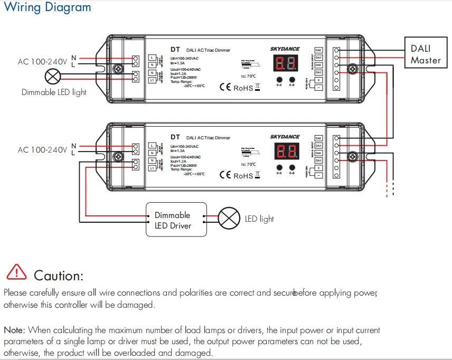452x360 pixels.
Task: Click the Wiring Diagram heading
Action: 47,8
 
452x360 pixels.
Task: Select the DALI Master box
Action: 426,54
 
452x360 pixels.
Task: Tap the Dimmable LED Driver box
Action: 176,221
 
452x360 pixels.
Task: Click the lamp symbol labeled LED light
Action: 229,219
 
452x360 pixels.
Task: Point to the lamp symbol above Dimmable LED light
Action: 52,77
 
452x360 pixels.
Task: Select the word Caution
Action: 58,276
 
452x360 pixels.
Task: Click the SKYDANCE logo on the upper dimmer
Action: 285,49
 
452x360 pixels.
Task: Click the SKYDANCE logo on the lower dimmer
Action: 285,137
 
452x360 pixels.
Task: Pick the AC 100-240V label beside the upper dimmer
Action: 42,62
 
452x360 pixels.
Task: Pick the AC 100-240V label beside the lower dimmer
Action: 42,150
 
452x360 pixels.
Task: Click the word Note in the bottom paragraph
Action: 14,330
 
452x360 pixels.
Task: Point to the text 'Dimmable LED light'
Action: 54,92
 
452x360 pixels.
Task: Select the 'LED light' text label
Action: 259,219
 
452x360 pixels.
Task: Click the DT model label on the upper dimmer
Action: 175,49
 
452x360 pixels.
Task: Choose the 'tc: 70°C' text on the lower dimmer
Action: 248,164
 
